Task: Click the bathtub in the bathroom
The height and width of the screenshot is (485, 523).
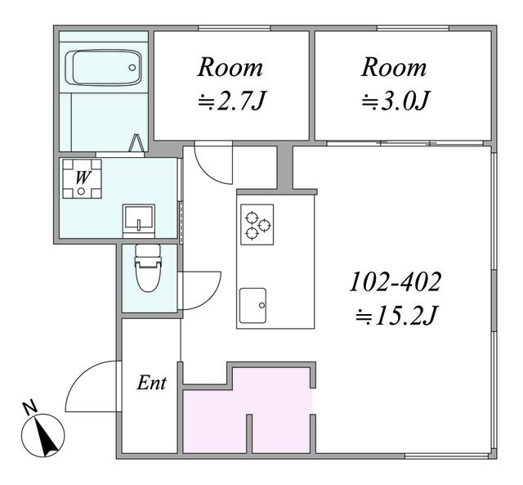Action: (103, 68)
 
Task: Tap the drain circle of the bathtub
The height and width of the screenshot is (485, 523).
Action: (132, 68)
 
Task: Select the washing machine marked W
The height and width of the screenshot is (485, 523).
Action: (82, 178)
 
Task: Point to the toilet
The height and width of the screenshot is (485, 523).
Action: (148, 267)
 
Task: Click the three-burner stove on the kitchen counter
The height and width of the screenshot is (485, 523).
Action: (257, 224)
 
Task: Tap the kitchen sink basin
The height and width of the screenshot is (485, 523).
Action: (253, 306)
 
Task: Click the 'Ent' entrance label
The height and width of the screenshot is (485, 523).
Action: (151, 383)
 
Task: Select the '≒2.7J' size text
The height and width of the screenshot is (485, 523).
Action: (232, 101)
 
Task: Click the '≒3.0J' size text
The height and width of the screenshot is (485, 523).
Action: (395, 101)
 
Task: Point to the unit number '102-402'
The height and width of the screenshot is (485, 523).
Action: (396, 282)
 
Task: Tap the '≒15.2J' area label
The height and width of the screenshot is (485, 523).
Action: (396, 316)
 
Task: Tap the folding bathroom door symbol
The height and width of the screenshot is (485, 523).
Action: (136, 143)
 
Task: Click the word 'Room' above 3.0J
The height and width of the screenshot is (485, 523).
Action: (394, 67)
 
